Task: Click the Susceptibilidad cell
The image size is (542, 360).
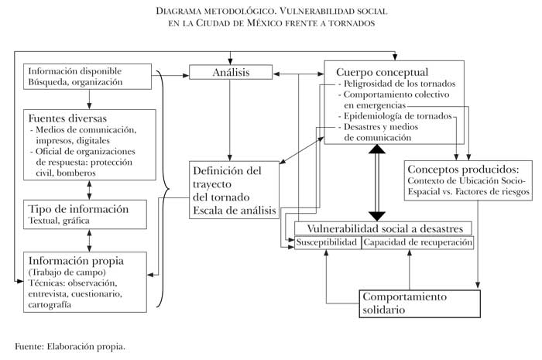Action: [328, 242]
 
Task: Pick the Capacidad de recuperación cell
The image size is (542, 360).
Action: [418, 242]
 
